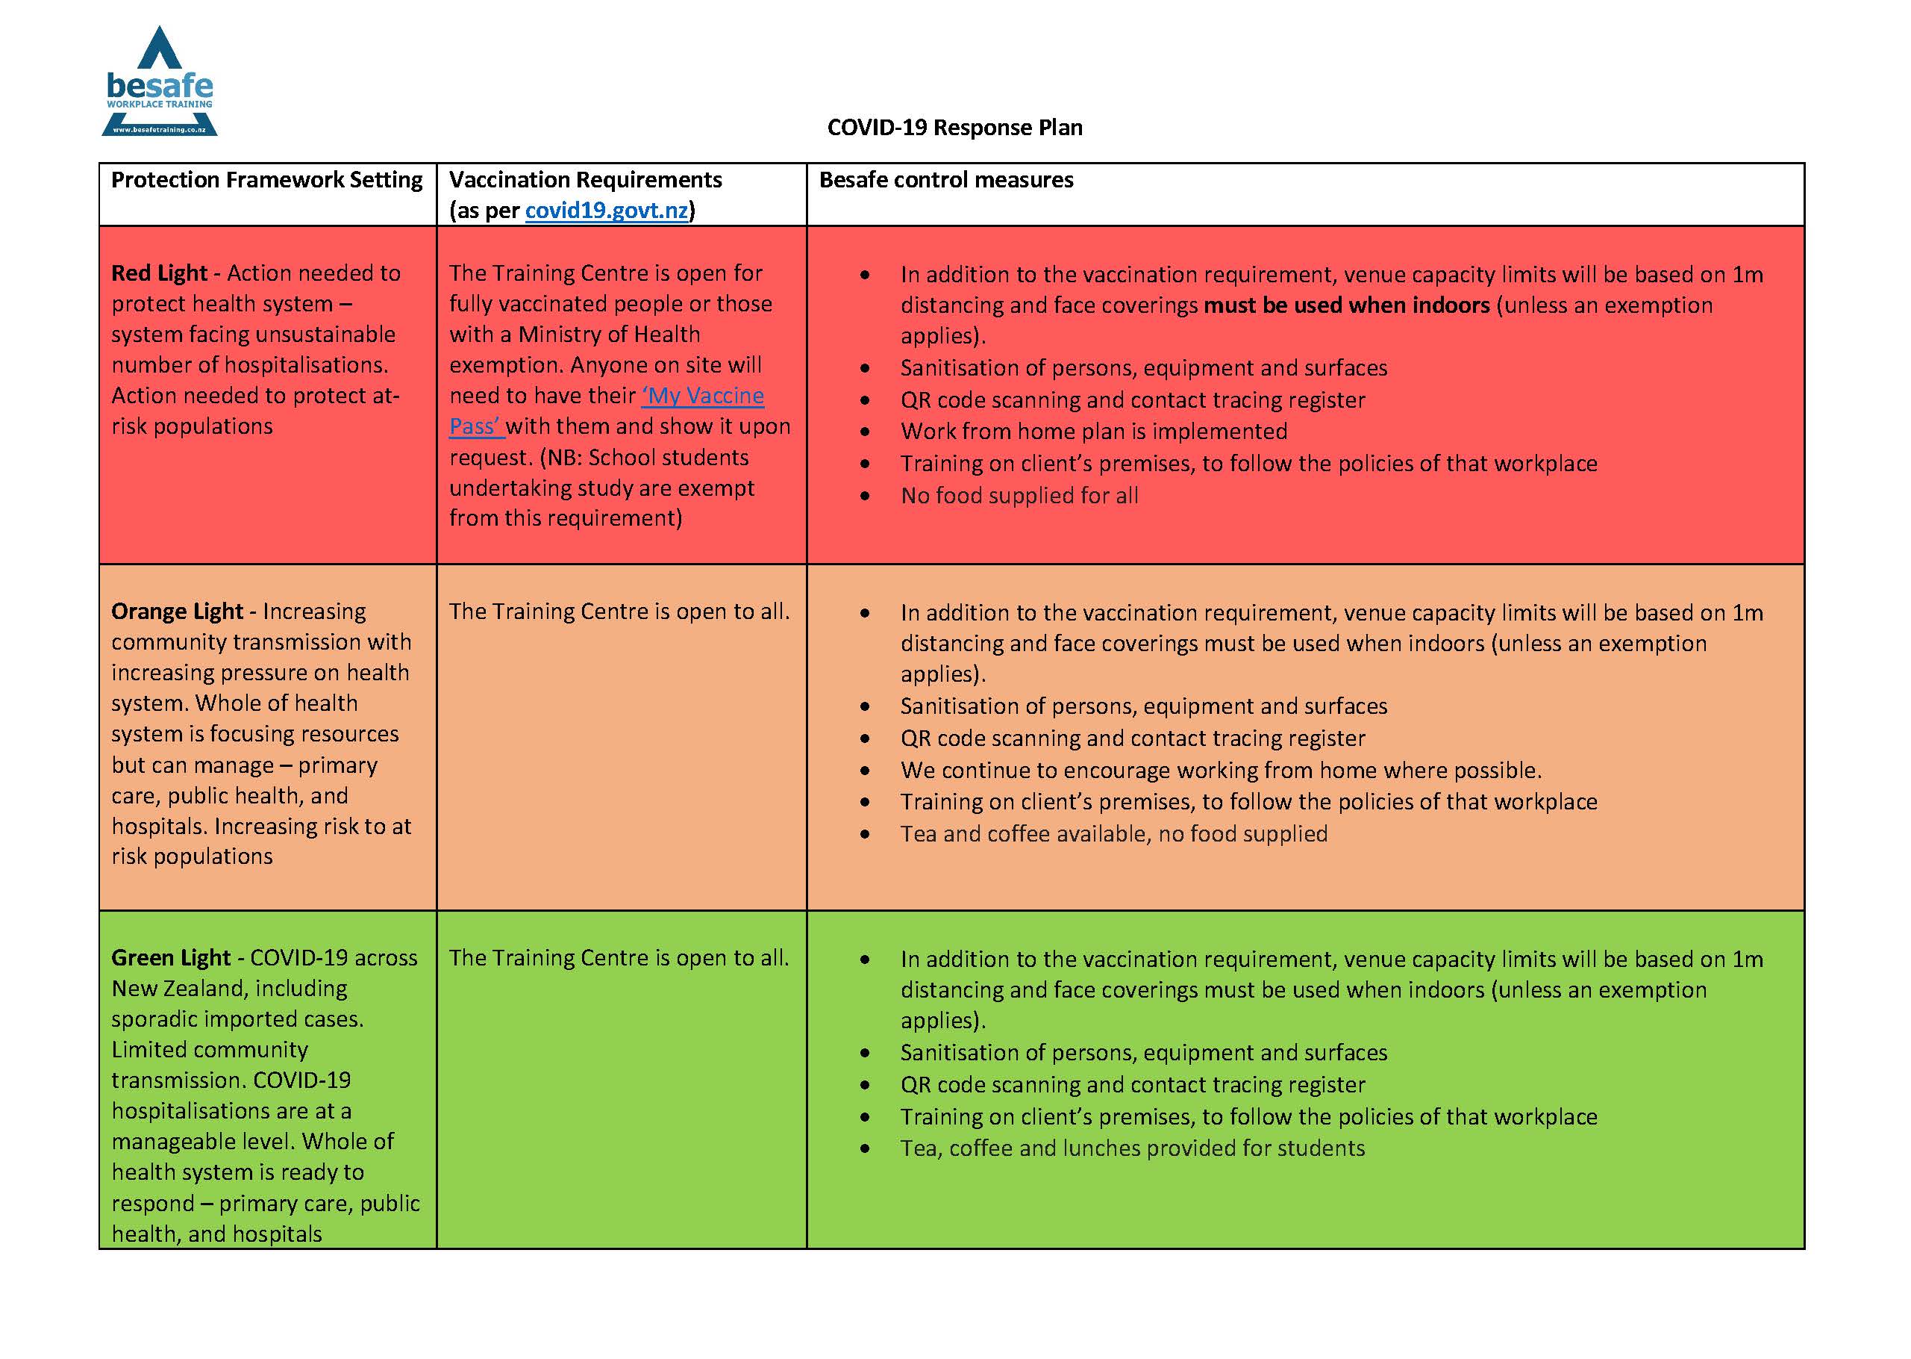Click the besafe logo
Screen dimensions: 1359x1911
click(x=159, y=82)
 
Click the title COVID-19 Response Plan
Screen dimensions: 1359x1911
click(x=954, y=127)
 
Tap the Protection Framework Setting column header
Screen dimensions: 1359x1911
click(x=267, y=180)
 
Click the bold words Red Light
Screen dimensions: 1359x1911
click(x=159, y=273)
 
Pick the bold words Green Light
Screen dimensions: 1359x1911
click(x=171, y=957)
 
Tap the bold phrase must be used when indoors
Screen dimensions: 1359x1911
click(x=1345, y=305)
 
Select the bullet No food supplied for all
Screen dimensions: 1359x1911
click(x=1019, y=497)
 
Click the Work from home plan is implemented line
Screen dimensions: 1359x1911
click(x=1093, y=432)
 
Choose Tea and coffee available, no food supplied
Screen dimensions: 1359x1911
click(x=1113, y=834)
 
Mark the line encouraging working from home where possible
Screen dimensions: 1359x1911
click(x=1220, y=770)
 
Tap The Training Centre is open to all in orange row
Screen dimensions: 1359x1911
click(x=618, y=612)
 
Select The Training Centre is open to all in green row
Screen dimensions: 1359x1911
click(x=618, y=957)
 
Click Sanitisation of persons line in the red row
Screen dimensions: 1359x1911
click(x=1142, y=368)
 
